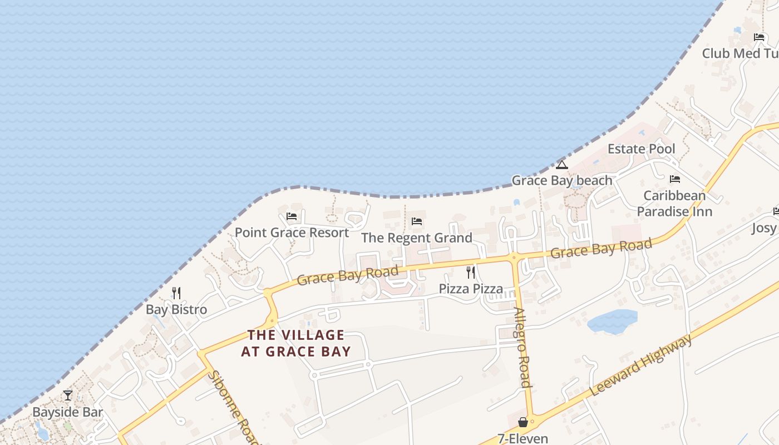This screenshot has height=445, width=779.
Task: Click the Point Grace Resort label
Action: (x=292, y=233)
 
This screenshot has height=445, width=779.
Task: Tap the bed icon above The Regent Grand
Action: (x=417, y=221)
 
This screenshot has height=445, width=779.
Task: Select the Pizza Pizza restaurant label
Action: (x=471, y=289)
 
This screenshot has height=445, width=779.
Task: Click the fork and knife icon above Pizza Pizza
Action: (x=471, y=272)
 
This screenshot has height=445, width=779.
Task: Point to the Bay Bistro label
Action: (x=176, y=309)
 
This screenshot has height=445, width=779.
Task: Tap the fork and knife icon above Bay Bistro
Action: (x=176, y=293)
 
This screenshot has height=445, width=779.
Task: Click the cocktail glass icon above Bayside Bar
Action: (x=68, y=395)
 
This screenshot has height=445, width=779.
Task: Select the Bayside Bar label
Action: (x=68, y=412)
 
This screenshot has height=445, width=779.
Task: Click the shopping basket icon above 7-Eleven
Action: (x=522, y=422)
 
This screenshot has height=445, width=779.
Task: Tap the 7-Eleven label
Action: (x=522, y=438)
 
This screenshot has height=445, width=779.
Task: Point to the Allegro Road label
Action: (x=521, y=347)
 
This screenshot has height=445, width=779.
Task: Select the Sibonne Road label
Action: (x=234, y=406)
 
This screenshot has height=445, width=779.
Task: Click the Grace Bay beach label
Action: (x=562, y=180)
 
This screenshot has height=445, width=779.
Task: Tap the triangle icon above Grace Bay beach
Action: (x=562, y=165)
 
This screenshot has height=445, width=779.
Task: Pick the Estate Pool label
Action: (x=641, y=149)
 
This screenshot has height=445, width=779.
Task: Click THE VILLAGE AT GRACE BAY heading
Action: (x=296, y=343)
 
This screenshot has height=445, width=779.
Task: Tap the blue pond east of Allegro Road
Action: (x=612, y=322)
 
